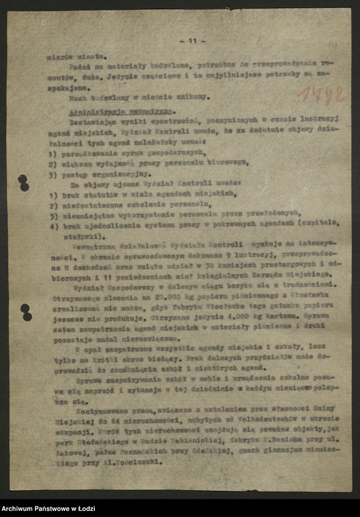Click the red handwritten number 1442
tap(320, 95)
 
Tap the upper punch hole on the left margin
tap(23, 182)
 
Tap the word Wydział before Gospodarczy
tap(87, 284)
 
